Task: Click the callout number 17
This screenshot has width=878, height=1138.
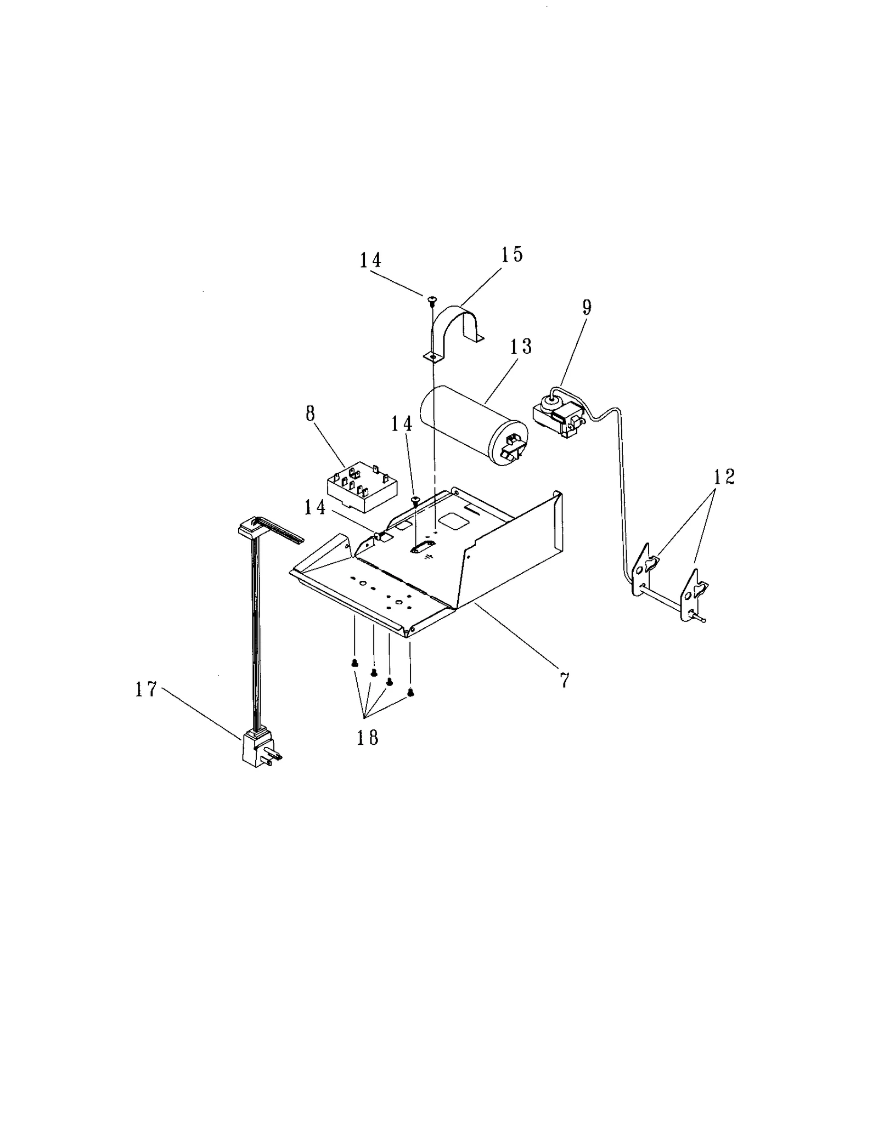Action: [147, 689]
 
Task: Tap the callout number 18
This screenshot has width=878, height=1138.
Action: [367, 738]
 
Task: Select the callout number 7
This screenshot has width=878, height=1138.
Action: [565, 680]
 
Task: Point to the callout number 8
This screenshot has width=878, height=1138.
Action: [311, 414]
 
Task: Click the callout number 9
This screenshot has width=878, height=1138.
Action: [587, 307]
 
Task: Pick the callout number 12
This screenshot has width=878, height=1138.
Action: [724, 477]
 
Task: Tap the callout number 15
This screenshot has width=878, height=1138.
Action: [511, 255]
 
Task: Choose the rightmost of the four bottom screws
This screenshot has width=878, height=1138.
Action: [410, 693]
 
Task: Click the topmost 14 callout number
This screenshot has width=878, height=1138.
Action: [370, 260]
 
